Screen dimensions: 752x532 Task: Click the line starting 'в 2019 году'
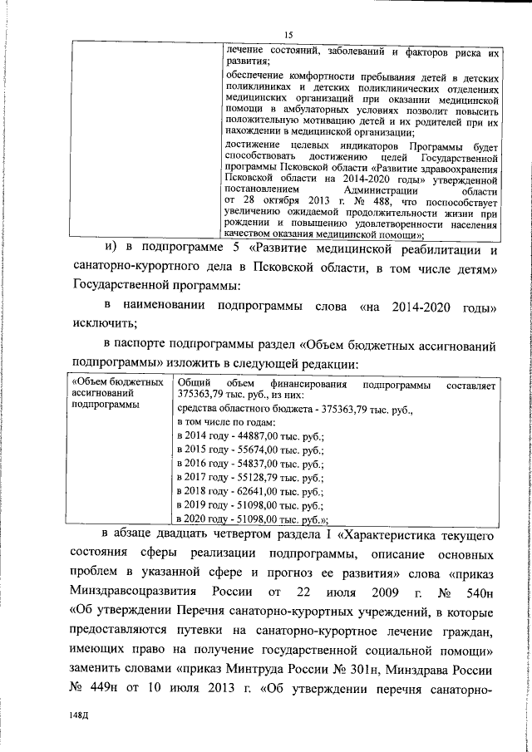[250, 504]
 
